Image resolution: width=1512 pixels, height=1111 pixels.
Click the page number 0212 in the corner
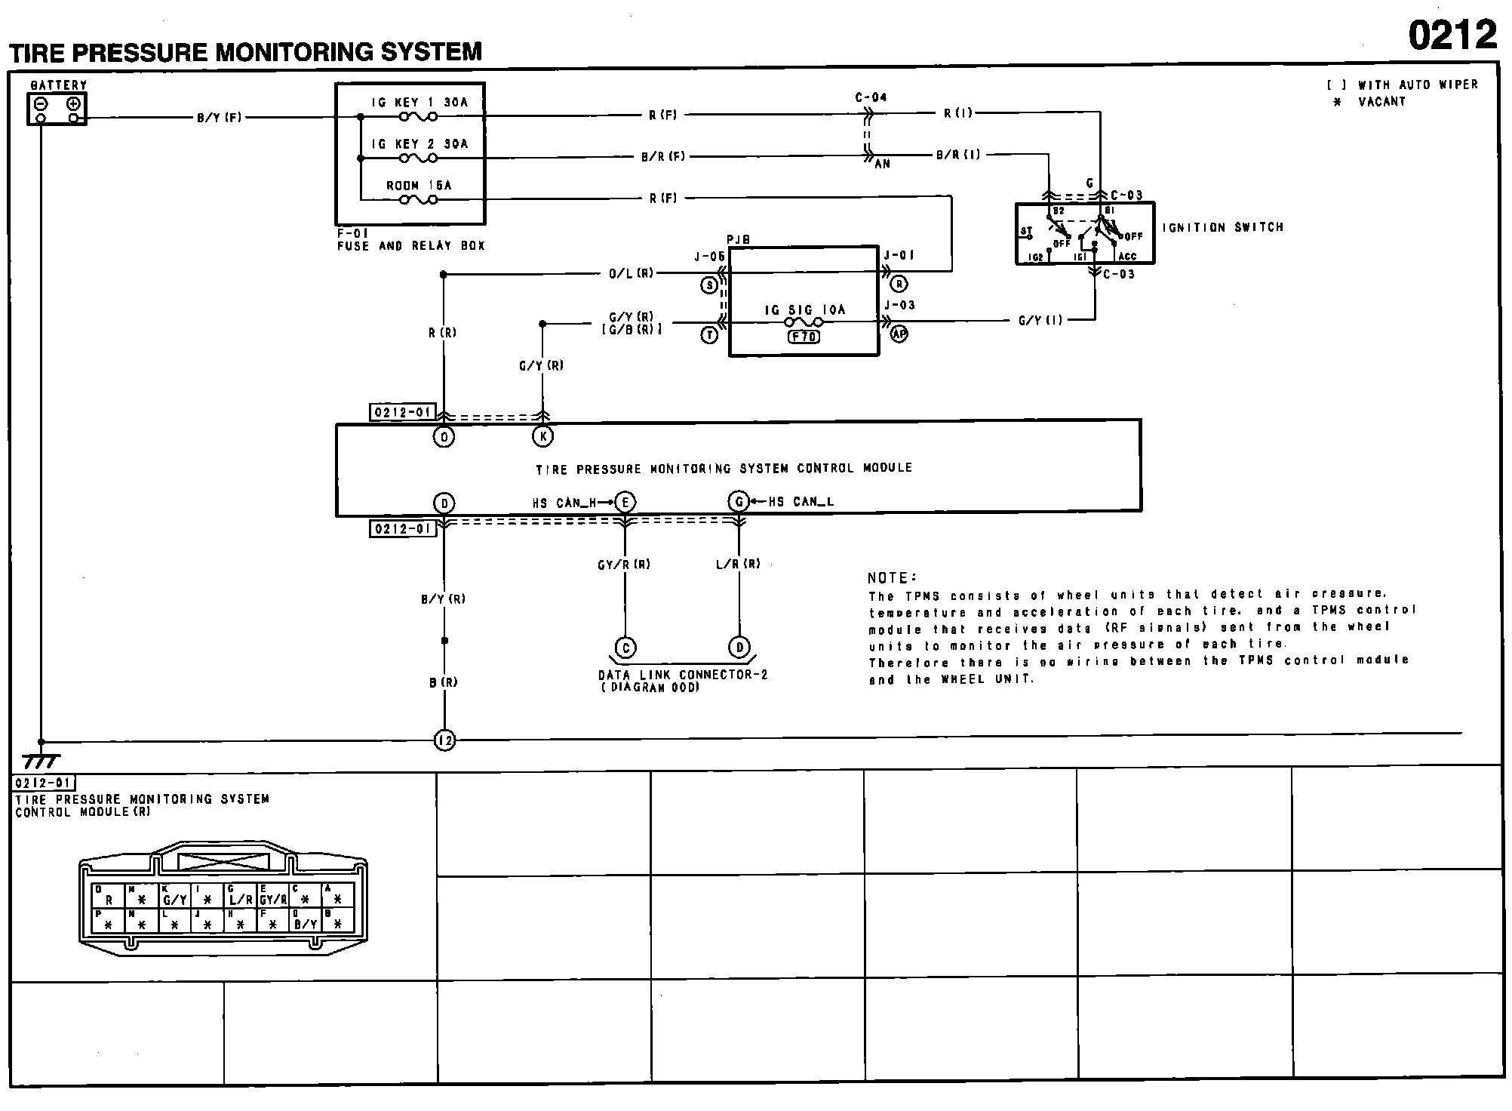[1452, 35]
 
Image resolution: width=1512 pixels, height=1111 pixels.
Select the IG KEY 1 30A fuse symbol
[419, 117]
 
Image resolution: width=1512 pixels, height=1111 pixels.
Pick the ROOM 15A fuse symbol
[419, 200]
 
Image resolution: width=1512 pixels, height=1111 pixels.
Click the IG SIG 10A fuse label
[804, 309]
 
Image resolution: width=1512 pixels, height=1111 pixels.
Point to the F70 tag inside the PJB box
[804, 337]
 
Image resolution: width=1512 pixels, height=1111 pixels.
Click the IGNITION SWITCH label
[1222, 227]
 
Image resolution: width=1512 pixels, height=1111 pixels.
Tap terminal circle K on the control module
[542, 436]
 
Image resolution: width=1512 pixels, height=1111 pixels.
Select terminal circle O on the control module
[444, 436]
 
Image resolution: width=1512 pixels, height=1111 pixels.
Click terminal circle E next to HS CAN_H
[625, 502]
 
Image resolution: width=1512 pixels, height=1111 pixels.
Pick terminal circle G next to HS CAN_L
[739, 502]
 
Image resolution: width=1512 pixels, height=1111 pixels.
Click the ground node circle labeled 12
[444, 740]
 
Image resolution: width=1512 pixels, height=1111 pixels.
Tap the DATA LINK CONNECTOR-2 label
[682, 675]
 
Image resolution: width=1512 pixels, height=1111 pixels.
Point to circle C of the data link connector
[625, 648]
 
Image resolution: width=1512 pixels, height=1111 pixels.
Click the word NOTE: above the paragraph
[892, 578]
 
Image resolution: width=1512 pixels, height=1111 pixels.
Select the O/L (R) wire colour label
[631, 274]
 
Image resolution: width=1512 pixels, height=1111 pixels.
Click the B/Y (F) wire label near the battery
[219, 118]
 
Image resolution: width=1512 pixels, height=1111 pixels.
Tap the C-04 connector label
[871, 97]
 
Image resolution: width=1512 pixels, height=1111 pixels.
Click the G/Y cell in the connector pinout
[174, 900]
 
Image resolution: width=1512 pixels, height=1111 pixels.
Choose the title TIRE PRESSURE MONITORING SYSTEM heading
[245, 52]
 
